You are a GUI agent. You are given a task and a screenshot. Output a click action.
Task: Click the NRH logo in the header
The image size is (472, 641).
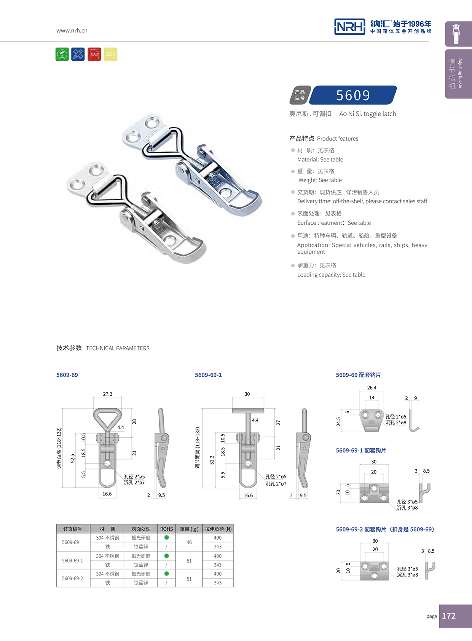pyautogui.click(x=349, y=27)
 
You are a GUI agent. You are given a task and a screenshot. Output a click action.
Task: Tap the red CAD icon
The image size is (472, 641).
pyautogui.click(x=94, y=54)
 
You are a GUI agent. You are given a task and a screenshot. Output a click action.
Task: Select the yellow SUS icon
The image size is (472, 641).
pyautogui.click(x=111, y=54)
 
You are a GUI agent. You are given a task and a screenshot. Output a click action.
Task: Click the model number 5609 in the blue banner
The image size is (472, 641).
pyautogui.click(x=353, y=95)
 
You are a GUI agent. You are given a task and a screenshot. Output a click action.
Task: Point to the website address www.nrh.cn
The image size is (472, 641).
pyautogui.click(x=72, y=30)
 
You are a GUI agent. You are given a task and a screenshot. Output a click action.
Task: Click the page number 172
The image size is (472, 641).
pyautogui.click(x=449, y=616)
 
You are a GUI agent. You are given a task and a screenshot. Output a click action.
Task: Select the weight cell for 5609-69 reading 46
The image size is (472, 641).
pyautogui.click(x=189, y=542)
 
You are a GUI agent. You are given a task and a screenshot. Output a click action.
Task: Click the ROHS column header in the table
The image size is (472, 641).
pyautogui.click(x=166, y=529)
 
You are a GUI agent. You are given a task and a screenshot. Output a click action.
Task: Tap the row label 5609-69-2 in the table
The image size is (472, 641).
pyautogui.click(x=73, y=578)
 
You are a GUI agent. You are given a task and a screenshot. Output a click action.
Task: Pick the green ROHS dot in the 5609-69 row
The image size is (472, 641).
pyautogui.click(x=166, y=537)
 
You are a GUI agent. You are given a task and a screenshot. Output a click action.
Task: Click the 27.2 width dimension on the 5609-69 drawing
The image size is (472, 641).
pyautogui.click(x=108, y=394)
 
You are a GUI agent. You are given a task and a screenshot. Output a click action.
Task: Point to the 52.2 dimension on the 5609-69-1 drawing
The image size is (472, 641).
pyautogui.click(x=212, y=460)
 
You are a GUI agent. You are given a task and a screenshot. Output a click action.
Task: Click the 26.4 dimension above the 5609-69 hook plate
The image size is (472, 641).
pyautogui.click(x=372, y=388)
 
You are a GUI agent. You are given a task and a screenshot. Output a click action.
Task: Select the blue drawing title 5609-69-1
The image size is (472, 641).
pyautogui.click(x=208, y=375)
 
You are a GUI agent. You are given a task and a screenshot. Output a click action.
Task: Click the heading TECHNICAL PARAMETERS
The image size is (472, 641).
pyautogui.click(x=118, y=348)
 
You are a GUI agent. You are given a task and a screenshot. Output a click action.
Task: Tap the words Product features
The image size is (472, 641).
pyautogui.click(x=338, y=139)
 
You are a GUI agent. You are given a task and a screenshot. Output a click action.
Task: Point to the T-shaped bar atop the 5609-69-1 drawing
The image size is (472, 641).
pyautogui.click(x=248, y=411)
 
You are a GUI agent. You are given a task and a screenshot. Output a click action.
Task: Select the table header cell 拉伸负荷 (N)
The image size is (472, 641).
pyautogui.click(x=218, y=529)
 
